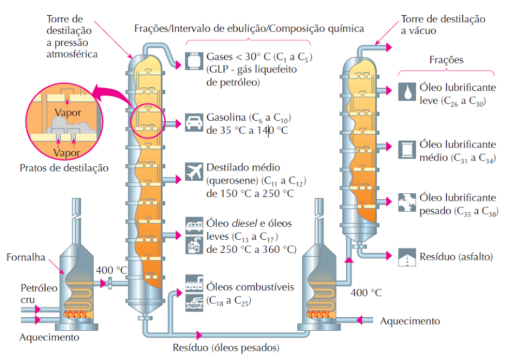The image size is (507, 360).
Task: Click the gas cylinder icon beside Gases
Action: coord(194,61)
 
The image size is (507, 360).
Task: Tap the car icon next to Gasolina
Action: coord(194,122)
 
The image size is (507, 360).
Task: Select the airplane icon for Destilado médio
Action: coord(194,171)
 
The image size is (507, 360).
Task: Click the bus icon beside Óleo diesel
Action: coord(194,226)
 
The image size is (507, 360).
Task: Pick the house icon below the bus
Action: coord(194,245)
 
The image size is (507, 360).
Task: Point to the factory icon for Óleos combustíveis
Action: coord(194,283)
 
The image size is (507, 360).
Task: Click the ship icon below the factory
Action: coord(194,303)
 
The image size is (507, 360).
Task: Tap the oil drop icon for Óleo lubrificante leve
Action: coord(407,91)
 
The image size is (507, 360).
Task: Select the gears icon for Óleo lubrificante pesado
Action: coord(407,202)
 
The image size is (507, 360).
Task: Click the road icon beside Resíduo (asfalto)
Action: coord(407,257)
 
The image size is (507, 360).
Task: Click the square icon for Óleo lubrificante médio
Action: coord(407,149)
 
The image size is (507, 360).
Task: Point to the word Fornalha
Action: coord(26,257)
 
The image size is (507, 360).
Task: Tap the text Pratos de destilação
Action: coord(64,168)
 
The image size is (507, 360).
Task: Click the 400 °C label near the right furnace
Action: coord(366,293)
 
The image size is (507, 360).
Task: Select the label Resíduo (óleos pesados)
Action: coord(226,348)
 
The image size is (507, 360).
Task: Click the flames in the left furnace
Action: coord(76,313)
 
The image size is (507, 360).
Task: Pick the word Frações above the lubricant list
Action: coord(446,60)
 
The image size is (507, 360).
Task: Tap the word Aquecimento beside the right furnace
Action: coord(409,321)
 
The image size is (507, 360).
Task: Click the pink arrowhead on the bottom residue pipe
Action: coord(199,335)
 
